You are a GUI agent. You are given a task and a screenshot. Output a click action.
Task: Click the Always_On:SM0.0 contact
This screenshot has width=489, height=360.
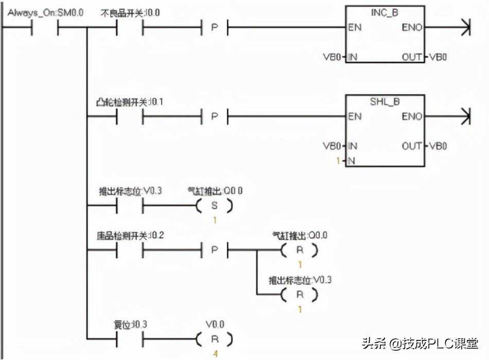(45, 27)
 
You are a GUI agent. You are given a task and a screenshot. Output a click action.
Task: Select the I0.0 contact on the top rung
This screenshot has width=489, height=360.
(129, 27)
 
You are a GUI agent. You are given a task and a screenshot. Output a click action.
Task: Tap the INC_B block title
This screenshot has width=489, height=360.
(385, 13)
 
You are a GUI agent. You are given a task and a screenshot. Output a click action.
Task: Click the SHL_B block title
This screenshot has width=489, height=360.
(385, 102)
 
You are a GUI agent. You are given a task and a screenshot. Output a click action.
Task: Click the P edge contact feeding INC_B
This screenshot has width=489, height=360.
(214, 27)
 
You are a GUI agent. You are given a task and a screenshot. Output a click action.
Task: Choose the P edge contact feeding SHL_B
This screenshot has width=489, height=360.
(214, 116)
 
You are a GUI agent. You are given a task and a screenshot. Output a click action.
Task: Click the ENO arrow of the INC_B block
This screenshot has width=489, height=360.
(465, 27)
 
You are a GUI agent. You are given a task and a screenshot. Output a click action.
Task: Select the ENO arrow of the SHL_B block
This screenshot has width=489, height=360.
(465, 116)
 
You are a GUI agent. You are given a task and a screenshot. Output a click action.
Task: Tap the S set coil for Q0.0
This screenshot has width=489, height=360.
(214, 206)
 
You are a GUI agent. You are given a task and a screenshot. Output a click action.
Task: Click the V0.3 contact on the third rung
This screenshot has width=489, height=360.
(129, 206)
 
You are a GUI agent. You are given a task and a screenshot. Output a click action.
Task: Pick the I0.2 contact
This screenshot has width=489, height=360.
(129, 250)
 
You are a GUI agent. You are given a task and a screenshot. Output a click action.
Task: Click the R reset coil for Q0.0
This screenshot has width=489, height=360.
(299, 250)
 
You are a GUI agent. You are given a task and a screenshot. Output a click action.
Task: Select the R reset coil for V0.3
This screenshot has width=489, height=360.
(299, 295)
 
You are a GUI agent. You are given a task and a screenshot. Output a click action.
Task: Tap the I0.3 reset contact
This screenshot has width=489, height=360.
(129, 339)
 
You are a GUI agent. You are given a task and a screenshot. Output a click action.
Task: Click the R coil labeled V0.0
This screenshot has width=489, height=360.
(214, 339)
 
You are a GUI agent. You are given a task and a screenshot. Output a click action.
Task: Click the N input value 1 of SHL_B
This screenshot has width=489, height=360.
(338, 160)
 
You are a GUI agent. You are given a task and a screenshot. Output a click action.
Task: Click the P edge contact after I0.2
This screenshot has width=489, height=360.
(214, 250)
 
